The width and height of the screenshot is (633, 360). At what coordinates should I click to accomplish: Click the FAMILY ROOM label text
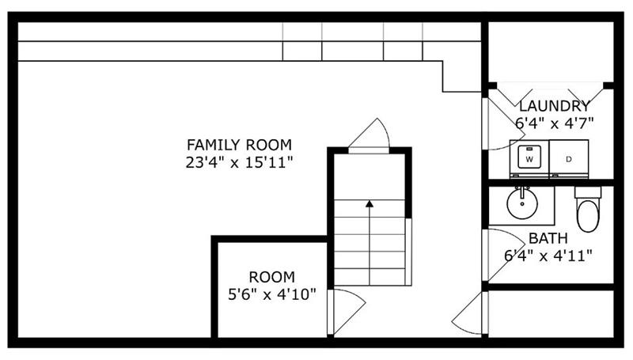[x=239, y=145]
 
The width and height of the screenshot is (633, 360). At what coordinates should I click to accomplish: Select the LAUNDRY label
[x=554, y=106]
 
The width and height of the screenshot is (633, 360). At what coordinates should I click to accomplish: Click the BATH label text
[x=548, y=238]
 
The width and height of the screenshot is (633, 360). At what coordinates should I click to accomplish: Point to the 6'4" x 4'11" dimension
[x=548, y=256]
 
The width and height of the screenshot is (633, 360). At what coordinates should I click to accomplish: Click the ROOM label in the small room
[x=271, y=277]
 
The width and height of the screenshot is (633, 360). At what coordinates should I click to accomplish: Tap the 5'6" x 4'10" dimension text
[x=271, y=295]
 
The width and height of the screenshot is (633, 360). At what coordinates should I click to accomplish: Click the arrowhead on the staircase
[x=369, y=204]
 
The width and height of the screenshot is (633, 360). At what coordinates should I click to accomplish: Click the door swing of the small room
[x=347, y=310]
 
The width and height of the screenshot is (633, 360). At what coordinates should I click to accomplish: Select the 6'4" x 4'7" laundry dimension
[x=554, y=123]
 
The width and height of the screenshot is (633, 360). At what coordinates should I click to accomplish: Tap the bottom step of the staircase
[x=369, y=277]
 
